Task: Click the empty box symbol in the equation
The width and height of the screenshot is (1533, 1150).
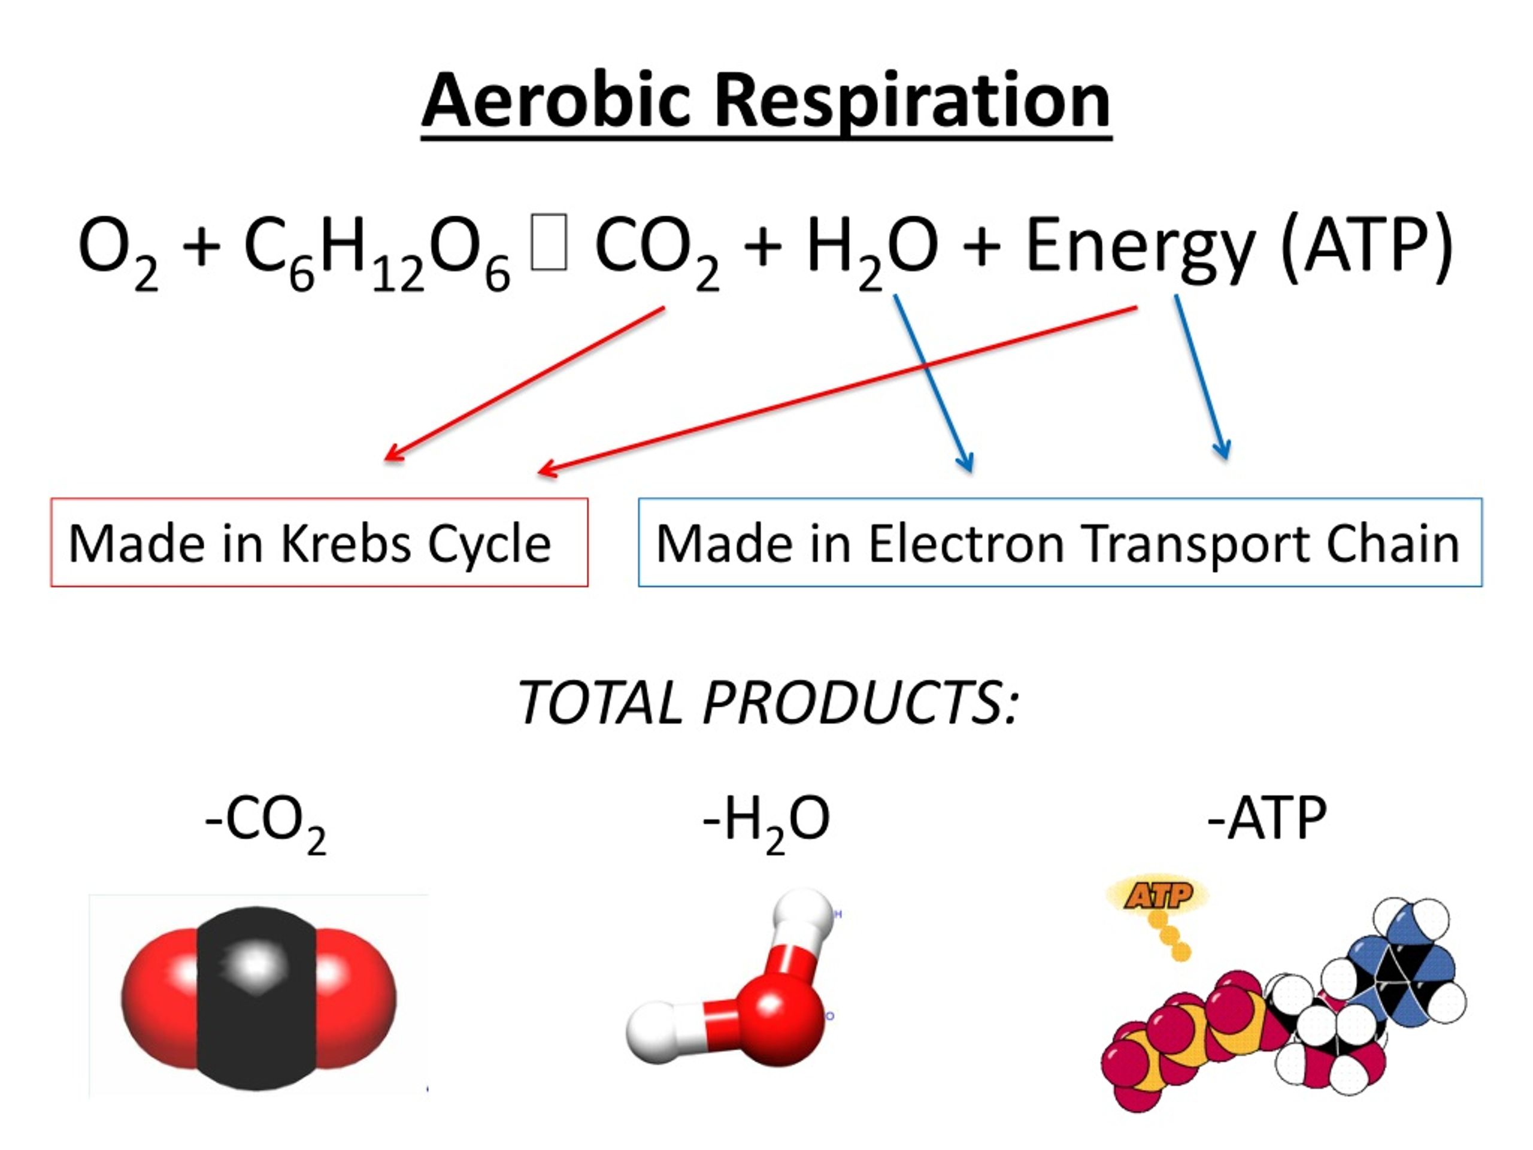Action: (549, 242)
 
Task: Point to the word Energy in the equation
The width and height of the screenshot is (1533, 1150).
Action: (1140, 250)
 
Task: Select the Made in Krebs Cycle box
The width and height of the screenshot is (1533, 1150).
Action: (320, 542)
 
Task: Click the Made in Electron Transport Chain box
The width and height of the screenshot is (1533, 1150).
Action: (1061, 542)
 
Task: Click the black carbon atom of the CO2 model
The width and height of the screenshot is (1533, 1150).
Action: (256, 999)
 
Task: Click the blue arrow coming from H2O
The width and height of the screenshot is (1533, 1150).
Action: (934, 383)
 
